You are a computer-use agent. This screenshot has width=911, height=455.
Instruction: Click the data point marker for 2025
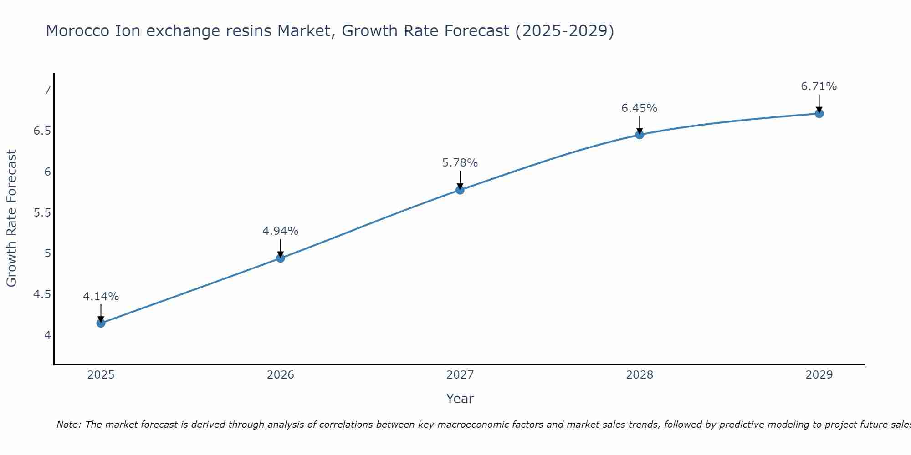[101, 323]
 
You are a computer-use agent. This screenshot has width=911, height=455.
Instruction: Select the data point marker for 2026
[281, 258]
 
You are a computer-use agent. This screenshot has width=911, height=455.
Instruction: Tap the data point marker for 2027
[460, 190]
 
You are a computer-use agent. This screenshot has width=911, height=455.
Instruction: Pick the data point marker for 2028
[640, 135]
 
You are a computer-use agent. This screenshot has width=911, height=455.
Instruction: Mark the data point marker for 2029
[819, 113]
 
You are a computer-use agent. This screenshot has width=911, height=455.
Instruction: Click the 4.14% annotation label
[101, 297]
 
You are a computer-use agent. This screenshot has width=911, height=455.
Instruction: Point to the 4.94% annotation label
[281, 231]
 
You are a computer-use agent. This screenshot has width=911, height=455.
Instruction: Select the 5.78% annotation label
[460, 163]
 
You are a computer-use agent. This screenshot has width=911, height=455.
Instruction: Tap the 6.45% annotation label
[640, 108]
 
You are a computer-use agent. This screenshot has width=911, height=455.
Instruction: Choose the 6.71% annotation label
[819, 86]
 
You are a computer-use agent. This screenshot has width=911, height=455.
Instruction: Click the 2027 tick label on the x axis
[460, 375]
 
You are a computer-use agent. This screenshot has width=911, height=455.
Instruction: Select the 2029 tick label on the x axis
[819, 375]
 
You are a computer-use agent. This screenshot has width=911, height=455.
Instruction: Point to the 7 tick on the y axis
[47, 90]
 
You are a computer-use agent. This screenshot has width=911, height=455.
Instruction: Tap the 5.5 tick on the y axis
[42, 213]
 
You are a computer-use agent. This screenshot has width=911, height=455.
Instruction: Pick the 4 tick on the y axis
[47, 335]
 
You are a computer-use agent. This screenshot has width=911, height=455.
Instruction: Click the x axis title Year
[460, 399]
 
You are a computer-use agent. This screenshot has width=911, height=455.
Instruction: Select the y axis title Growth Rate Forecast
[12, 218]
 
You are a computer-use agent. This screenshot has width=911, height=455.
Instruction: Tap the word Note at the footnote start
[68, 425]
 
